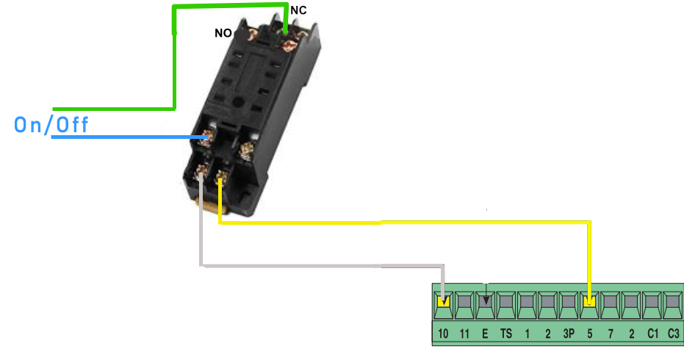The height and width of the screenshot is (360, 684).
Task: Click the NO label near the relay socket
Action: (224, 33)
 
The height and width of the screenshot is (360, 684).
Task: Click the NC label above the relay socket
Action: (298, 10)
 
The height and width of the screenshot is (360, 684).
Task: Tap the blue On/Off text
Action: (51, 125)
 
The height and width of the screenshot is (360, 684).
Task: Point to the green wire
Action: (174, 66)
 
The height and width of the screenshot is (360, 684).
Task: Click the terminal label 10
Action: (443, 334)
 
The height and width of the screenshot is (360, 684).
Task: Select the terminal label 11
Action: (464, 334)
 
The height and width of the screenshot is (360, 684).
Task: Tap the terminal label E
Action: (485, 334)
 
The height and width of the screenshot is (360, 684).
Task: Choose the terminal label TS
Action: (506, 334)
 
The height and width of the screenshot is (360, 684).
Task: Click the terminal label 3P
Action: (569, 334)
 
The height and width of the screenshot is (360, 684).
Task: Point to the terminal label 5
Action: (589, 334)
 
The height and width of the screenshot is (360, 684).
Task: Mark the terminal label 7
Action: (611, 334)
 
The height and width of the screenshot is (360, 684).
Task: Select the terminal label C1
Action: (652, 334)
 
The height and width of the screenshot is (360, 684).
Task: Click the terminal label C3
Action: (674, 334)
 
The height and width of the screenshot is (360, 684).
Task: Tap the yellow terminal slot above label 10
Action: (443, 301)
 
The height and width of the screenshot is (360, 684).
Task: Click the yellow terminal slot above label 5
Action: (589, 301)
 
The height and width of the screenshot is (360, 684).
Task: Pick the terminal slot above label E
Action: (485, 301)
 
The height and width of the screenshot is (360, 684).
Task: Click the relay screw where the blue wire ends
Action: (207, 137)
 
